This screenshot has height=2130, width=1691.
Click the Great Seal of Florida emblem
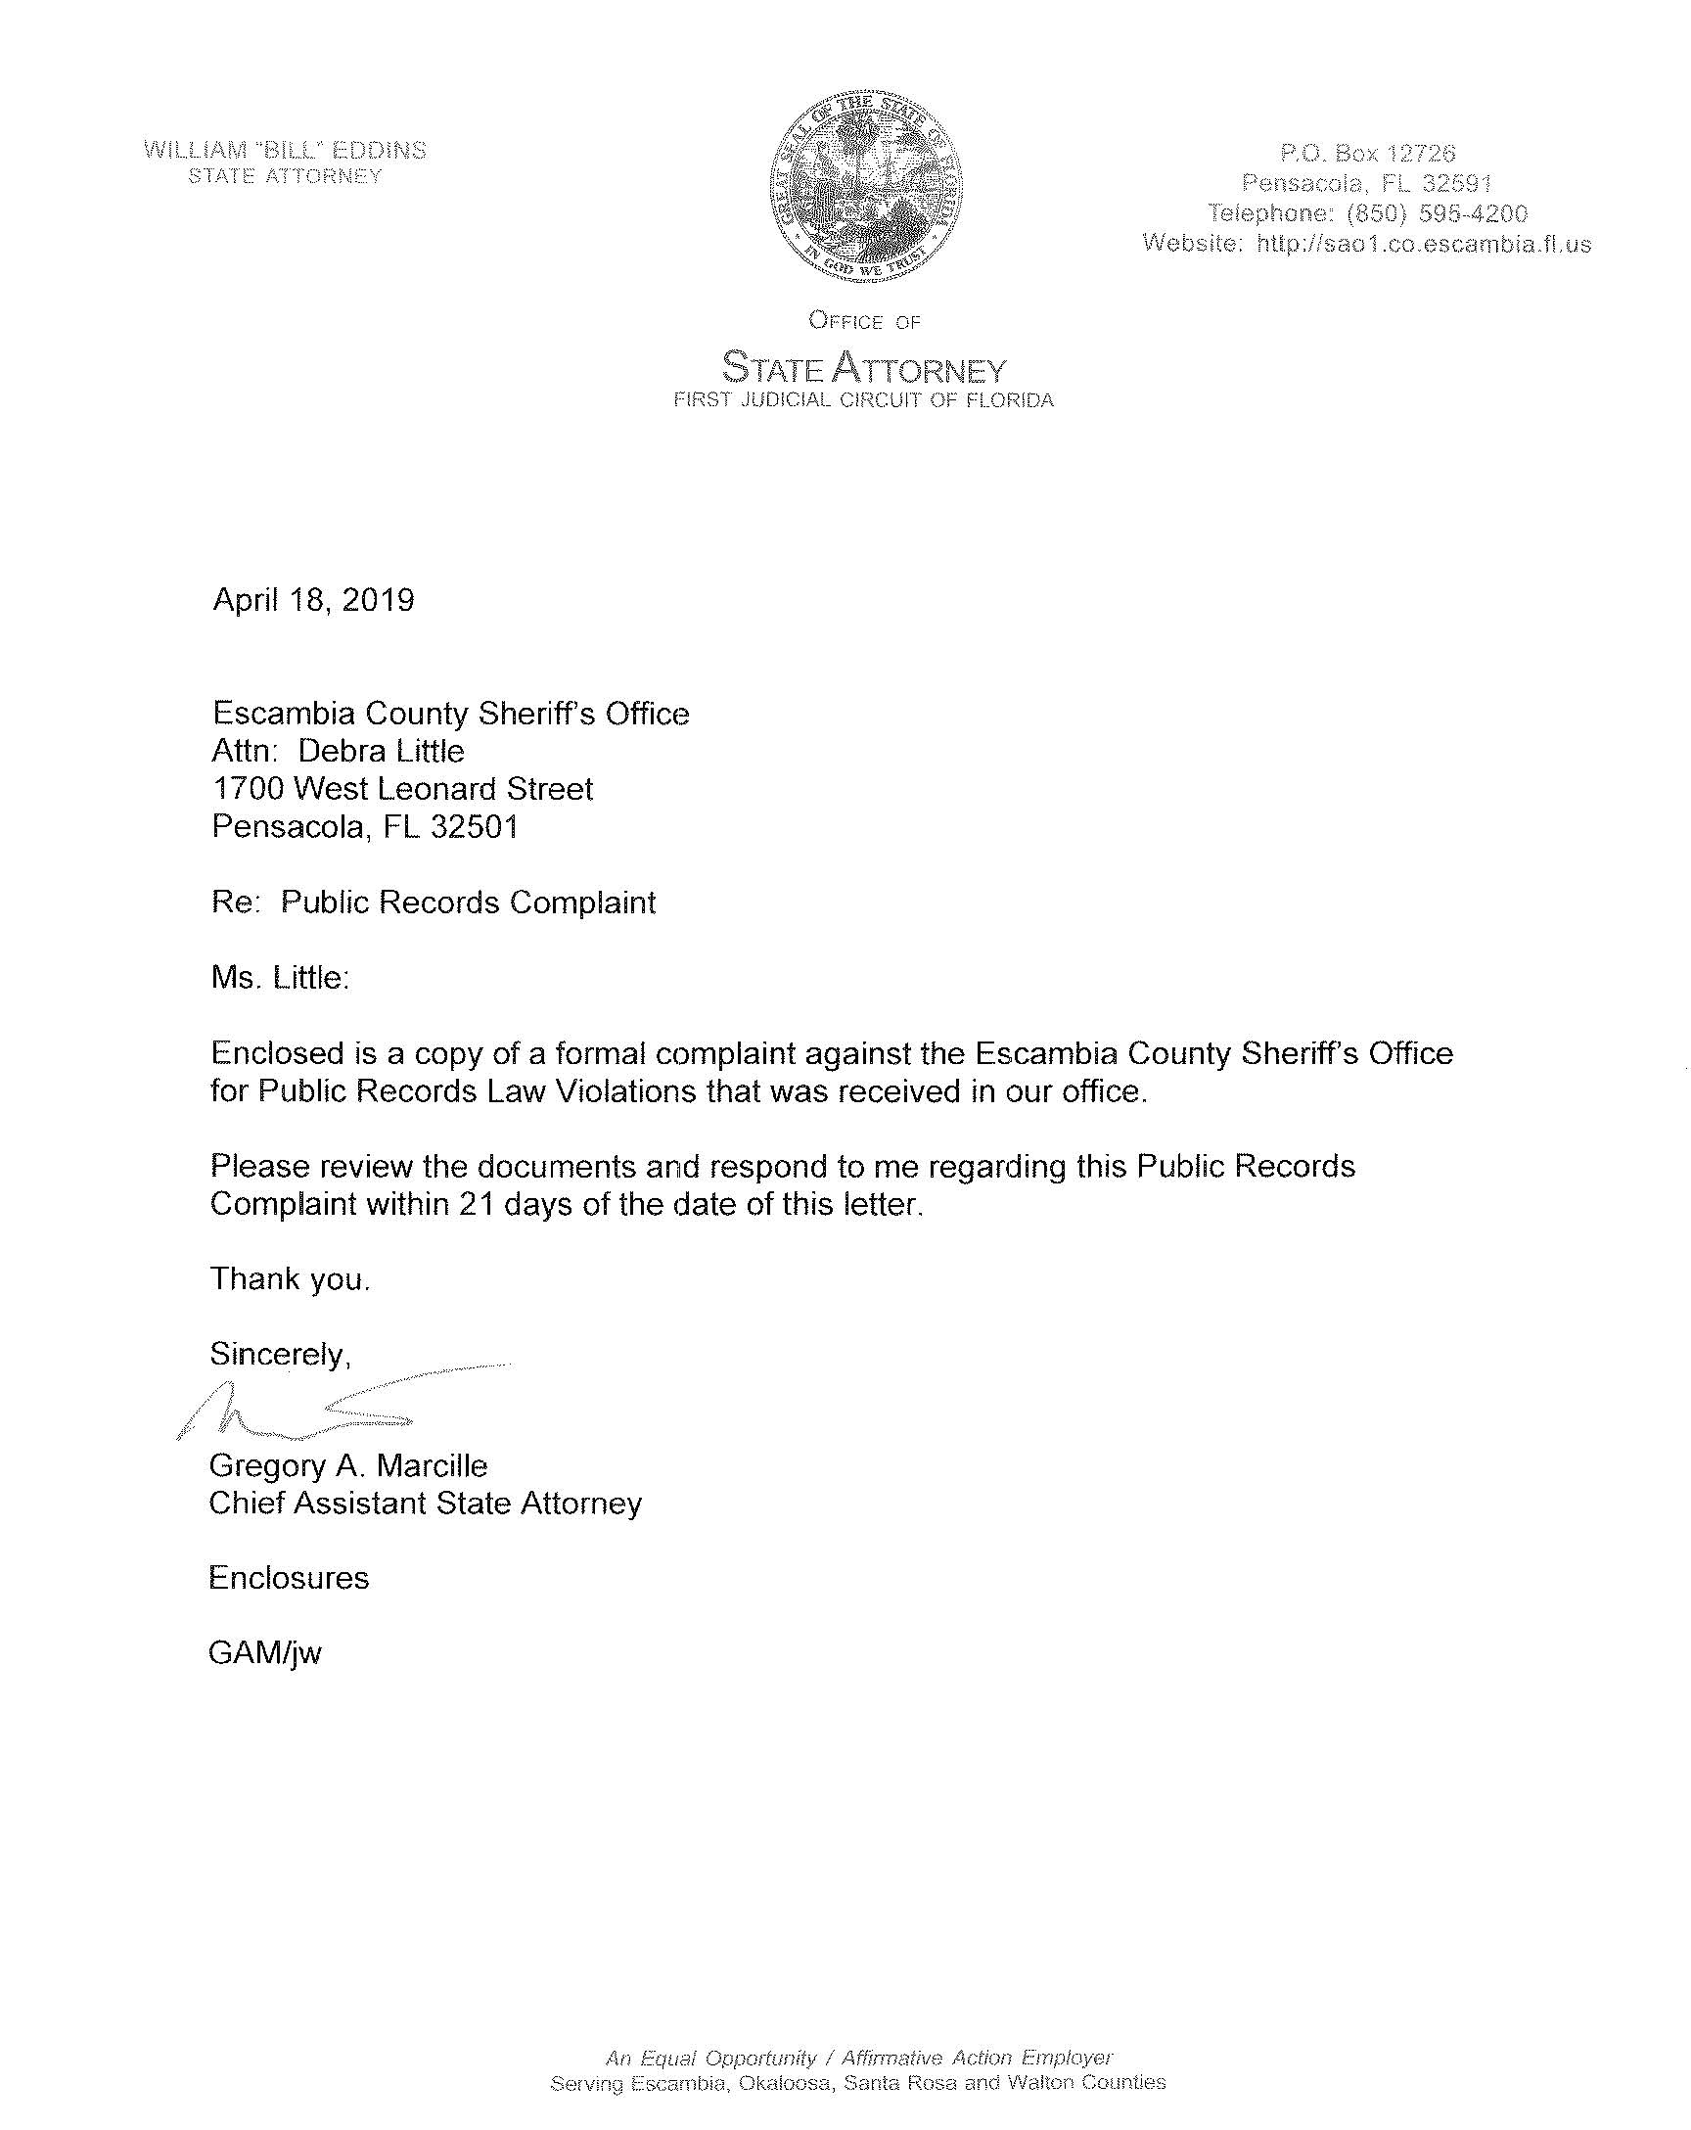[866, 189]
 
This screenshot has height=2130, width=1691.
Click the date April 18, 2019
[313, 600]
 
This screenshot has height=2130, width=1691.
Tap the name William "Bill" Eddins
[286, 150]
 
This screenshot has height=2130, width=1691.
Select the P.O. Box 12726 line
[1367, 153]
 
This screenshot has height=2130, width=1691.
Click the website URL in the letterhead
[1423, 244]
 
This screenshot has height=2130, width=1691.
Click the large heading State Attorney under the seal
[864, 368]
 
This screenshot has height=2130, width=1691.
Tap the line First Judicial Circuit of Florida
[863, 400]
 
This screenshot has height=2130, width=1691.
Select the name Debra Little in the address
[382, 752]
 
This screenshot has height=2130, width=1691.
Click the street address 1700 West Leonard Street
[403, 789]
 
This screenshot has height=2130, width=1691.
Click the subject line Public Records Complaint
[468, 903]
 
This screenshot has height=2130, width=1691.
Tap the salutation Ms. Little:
[281, 978]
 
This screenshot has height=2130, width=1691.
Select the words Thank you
[290, 1279]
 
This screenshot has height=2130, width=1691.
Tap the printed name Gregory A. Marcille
[348, 1466]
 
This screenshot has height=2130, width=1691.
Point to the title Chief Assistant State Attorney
[425, 1504]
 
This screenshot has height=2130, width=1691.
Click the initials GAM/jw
[265, 1654]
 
